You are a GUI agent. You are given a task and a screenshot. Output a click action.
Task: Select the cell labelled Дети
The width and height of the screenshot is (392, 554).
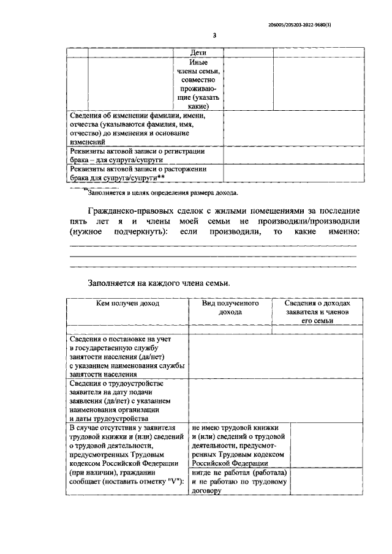coord(198,53)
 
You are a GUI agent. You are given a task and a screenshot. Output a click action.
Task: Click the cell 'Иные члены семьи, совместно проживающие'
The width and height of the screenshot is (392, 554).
coord(198,84)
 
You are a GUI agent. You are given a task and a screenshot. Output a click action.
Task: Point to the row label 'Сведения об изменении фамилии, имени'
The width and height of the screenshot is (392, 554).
coord(143,128)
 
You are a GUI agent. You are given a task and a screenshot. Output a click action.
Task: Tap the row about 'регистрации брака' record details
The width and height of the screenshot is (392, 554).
coord(143,155)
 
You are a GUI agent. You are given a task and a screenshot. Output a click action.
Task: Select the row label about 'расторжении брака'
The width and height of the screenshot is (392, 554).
coord(143,173)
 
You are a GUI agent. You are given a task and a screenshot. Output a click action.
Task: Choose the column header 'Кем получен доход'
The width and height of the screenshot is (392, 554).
coord(128,303)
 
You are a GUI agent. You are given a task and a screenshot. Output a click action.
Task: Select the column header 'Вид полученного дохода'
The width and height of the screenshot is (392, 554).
coord(230,307)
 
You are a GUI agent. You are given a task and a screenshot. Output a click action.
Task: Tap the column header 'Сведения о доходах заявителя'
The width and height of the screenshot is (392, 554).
coord(317,312)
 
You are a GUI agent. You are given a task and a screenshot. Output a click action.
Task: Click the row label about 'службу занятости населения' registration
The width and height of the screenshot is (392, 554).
coord(127,356)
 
